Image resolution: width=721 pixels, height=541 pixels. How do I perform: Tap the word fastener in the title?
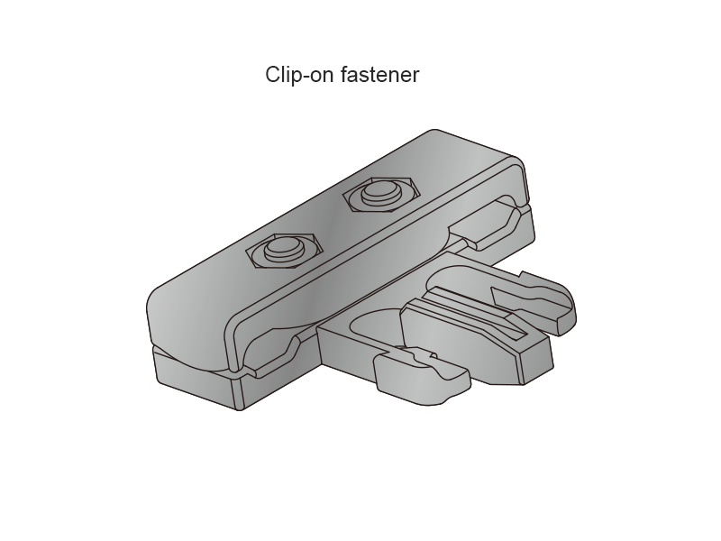[380, 75]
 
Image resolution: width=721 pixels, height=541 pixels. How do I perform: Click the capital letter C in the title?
[273, 75]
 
